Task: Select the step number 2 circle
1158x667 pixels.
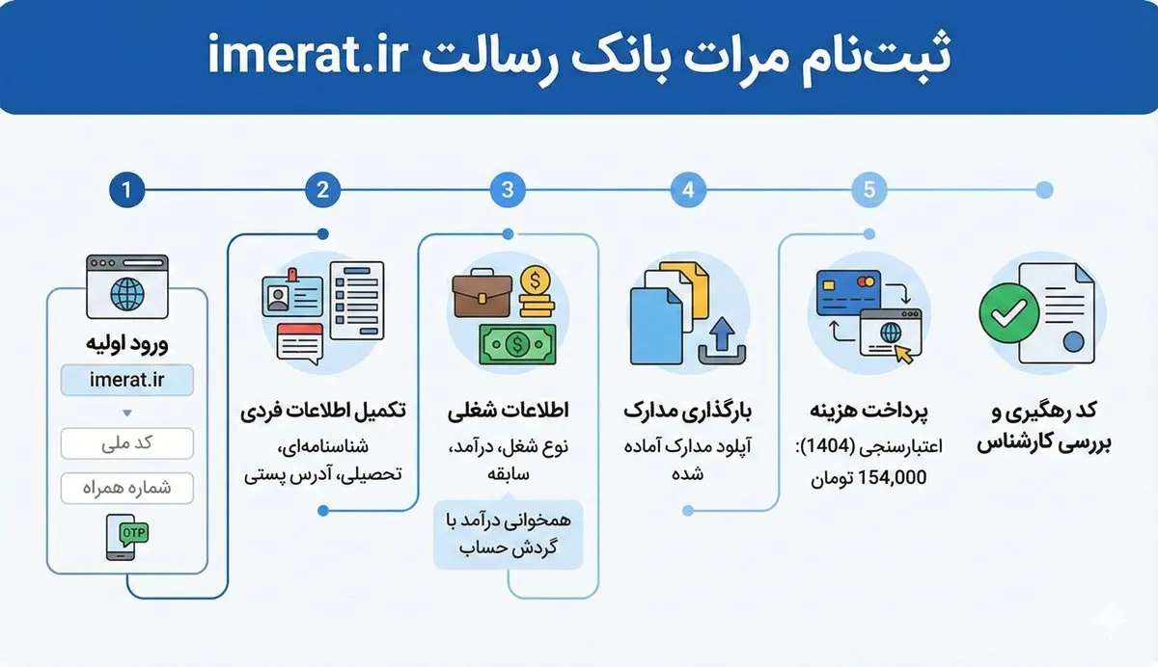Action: coord(322,190)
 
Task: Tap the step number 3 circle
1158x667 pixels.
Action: coord(509,190)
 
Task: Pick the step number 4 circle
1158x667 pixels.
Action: coord(688,190)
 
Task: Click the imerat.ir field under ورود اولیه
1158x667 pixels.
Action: coord(126,380)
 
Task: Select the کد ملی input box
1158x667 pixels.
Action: coord(126,443)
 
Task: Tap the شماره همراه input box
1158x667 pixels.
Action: coord(126,488)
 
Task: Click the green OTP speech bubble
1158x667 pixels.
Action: coord(133,531)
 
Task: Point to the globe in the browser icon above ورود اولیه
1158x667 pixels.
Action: coord(126,294)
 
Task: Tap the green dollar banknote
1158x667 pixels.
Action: coord(517,342)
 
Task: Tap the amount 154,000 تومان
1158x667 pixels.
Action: coord(870,477)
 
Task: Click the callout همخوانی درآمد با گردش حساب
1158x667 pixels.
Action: coord(509,534)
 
